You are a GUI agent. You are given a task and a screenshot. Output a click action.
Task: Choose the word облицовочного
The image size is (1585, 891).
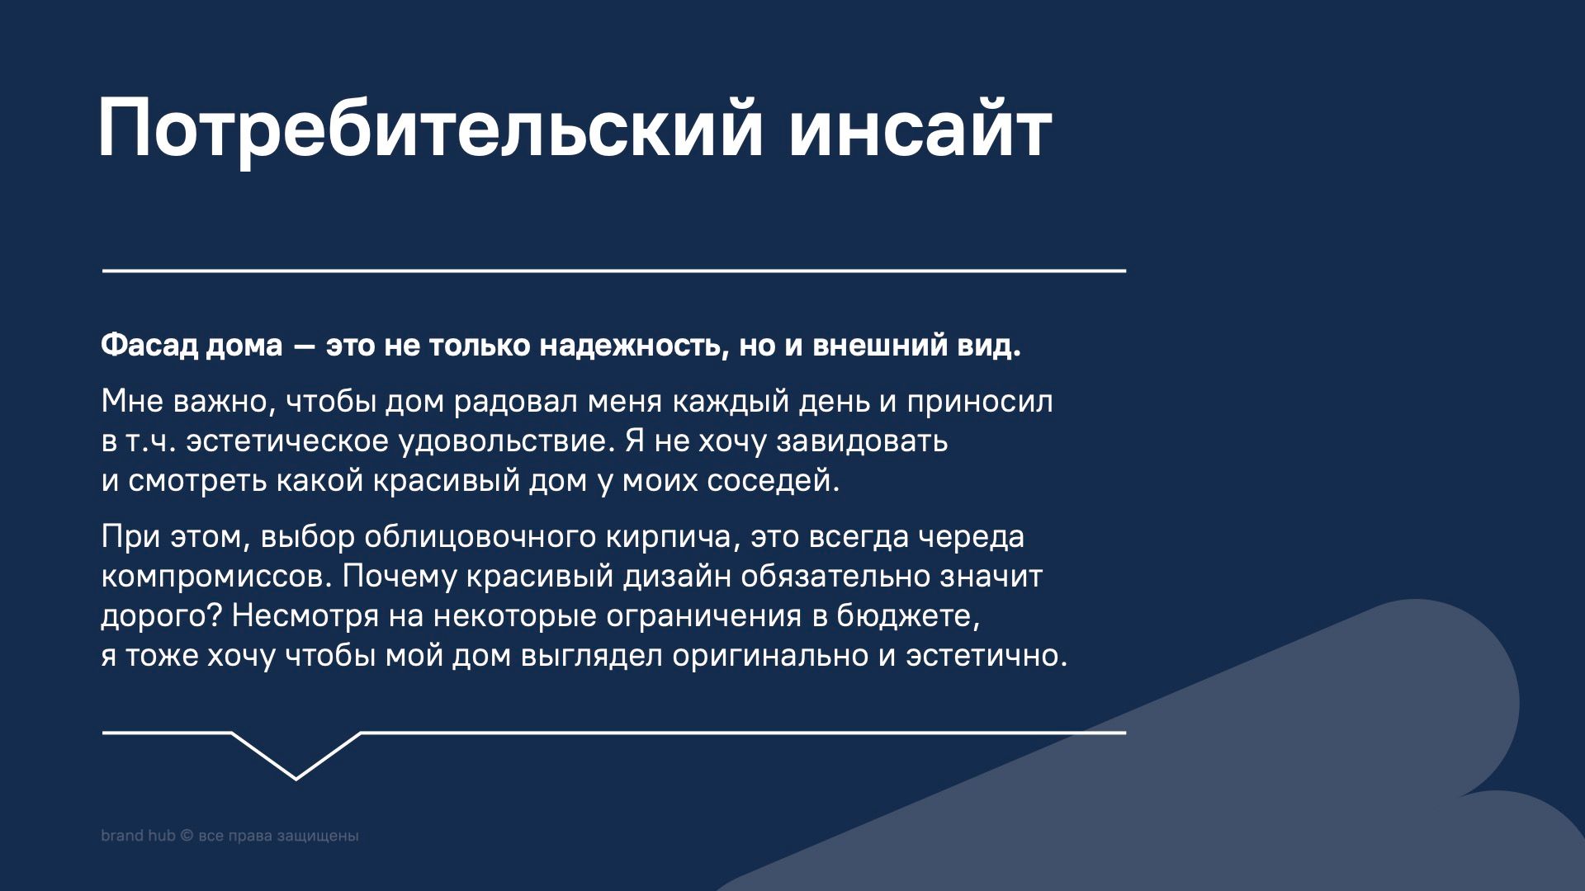pyautogui.click(x=480, y=538)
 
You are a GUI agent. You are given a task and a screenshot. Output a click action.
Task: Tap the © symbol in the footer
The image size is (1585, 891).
pyautogui.click(x=186, y=836)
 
